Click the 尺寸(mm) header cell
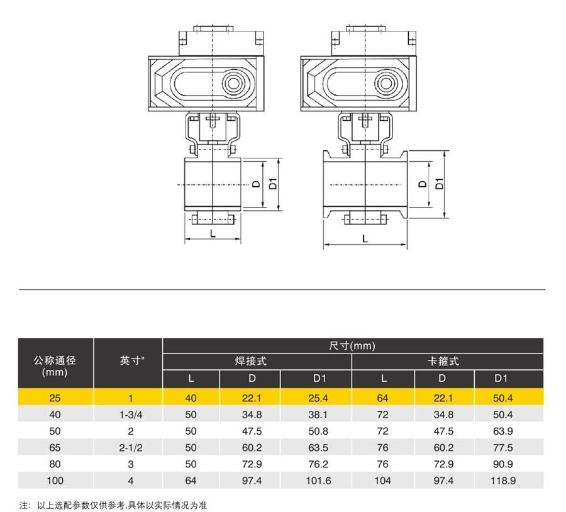352,346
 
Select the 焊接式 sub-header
251,361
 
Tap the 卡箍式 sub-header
443,361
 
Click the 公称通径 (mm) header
55,366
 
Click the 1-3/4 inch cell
131,415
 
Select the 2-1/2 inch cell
131,448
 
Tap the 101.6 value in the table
318,481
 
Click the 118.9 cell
503,481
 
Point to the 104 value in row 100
382,481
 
